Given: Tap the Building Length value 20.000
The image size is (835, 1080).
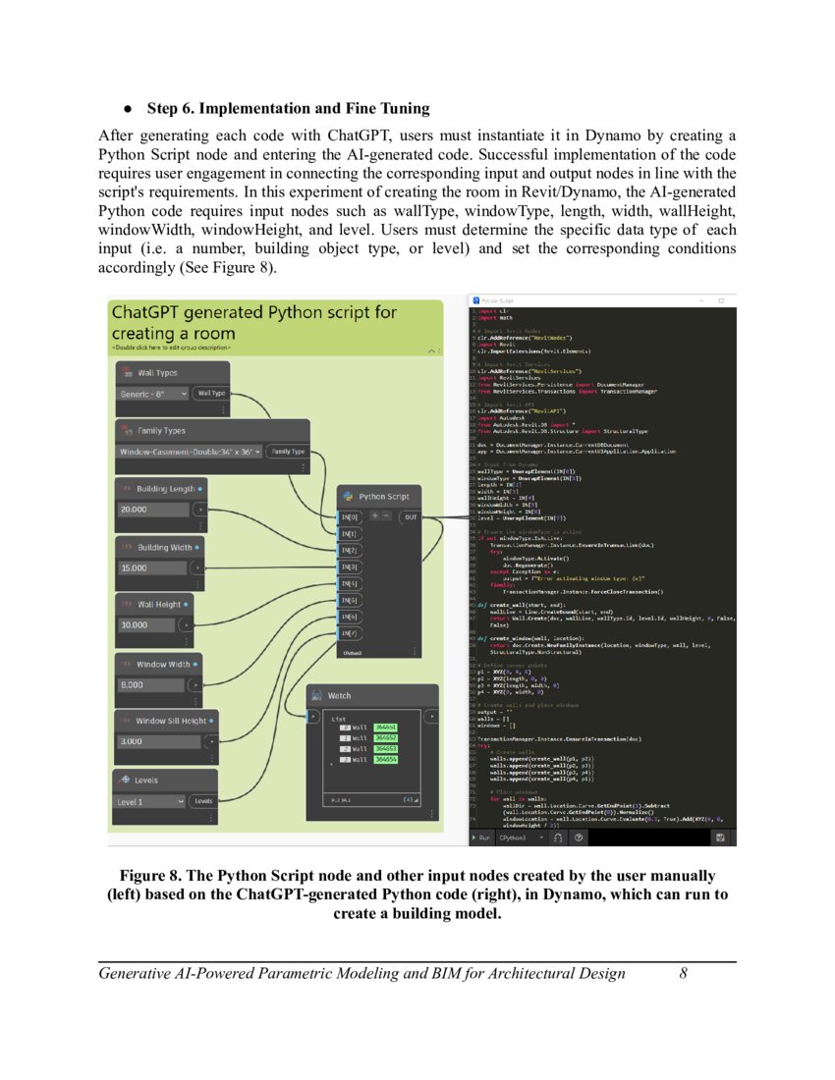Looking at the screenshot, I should tap(152, 510).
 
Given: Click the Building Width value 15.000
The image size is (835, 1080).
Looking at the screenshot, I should tap(152, 567).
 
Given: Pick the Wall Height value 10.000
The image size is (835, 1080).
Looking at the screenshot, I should tap(152, 624).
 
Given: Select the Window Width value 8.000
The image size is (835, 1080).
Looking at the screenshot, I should tap(152, 683).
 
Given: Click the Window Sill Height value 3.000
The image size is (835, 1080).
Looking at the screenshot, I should tap(152, 741).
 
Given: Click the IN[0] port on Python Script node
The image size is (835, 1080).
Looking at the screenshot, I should tap(349, 516).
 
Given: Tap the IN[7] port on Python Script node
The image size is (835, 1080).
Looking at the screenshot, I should tap(349, 633).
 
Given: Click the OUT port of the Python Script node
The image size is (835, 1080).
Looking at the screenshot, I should tap(411, 516).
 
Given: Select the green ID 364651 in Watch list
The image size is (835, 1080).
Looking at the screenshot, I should tap(384, 726).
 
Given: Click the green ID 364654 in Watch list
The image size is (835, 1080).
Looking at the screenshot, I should tap(384, 760).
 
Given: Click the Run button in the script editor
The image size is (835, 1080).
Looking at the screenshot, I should tap(482, 837).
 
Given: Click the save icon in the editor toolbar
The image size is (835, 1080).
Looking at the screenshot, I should tap(720, 837).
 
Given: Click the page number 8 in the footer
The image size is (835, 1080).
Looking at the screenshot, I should tap(683, 974).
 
